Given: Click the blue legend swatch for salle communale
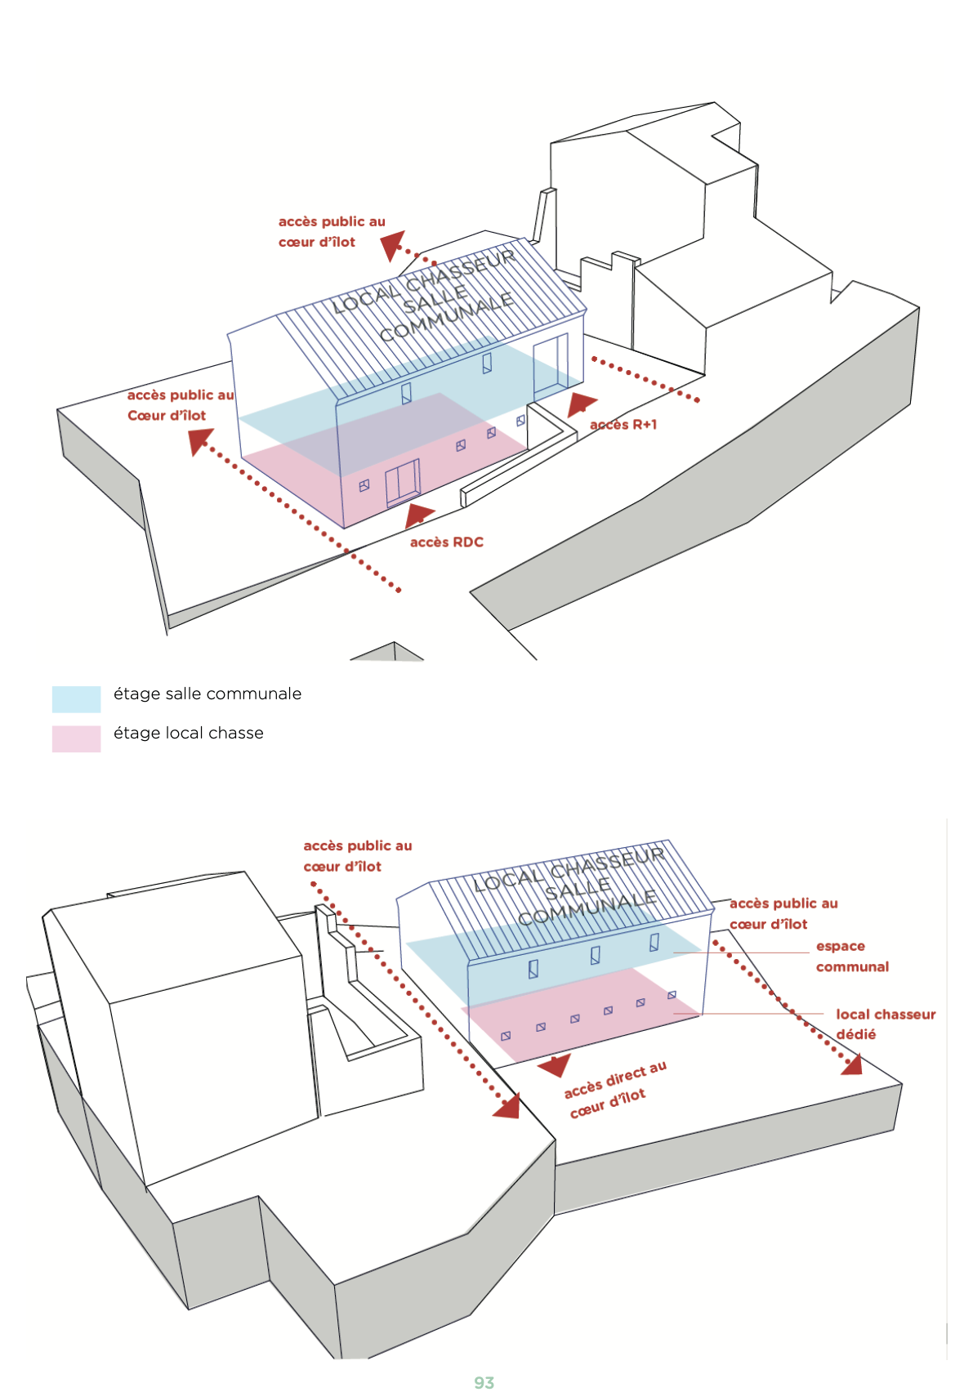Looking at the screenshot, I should click(76, 698).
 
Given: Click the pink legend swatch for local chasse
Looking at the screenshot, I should click(76, 738).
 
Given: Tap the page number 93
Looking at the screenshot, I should click(484, 1382).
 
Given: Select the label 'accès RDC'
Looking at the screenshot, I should click(446, 542).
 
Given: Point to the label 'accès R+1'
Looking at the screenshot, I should click(623, 425).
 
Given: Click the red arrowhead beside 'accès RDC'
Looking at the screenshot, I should click(418, 515).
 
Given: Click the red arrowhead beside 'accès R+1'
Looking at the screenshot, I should click(582, 404).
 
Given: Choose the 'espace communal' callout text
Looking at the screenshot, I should click(851, 957).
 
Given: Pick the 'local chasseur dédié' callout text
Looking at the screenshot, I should click(884, 1024).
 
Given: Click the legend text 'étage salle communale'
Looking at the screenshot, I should click(208, 694).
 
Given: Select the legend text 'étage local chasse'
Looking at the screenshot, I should click(189, 734).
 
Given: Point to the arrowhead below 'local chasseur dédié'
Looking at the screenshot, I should click(852, 1064).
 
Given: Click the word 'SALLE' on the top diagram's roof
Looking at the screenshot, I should click(435, 298).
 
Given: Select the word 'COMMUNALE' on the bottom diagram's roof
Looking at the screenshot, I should click(587, 908).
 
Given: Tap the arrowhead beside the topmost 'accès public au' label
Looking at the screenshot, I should click(393, 244).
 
